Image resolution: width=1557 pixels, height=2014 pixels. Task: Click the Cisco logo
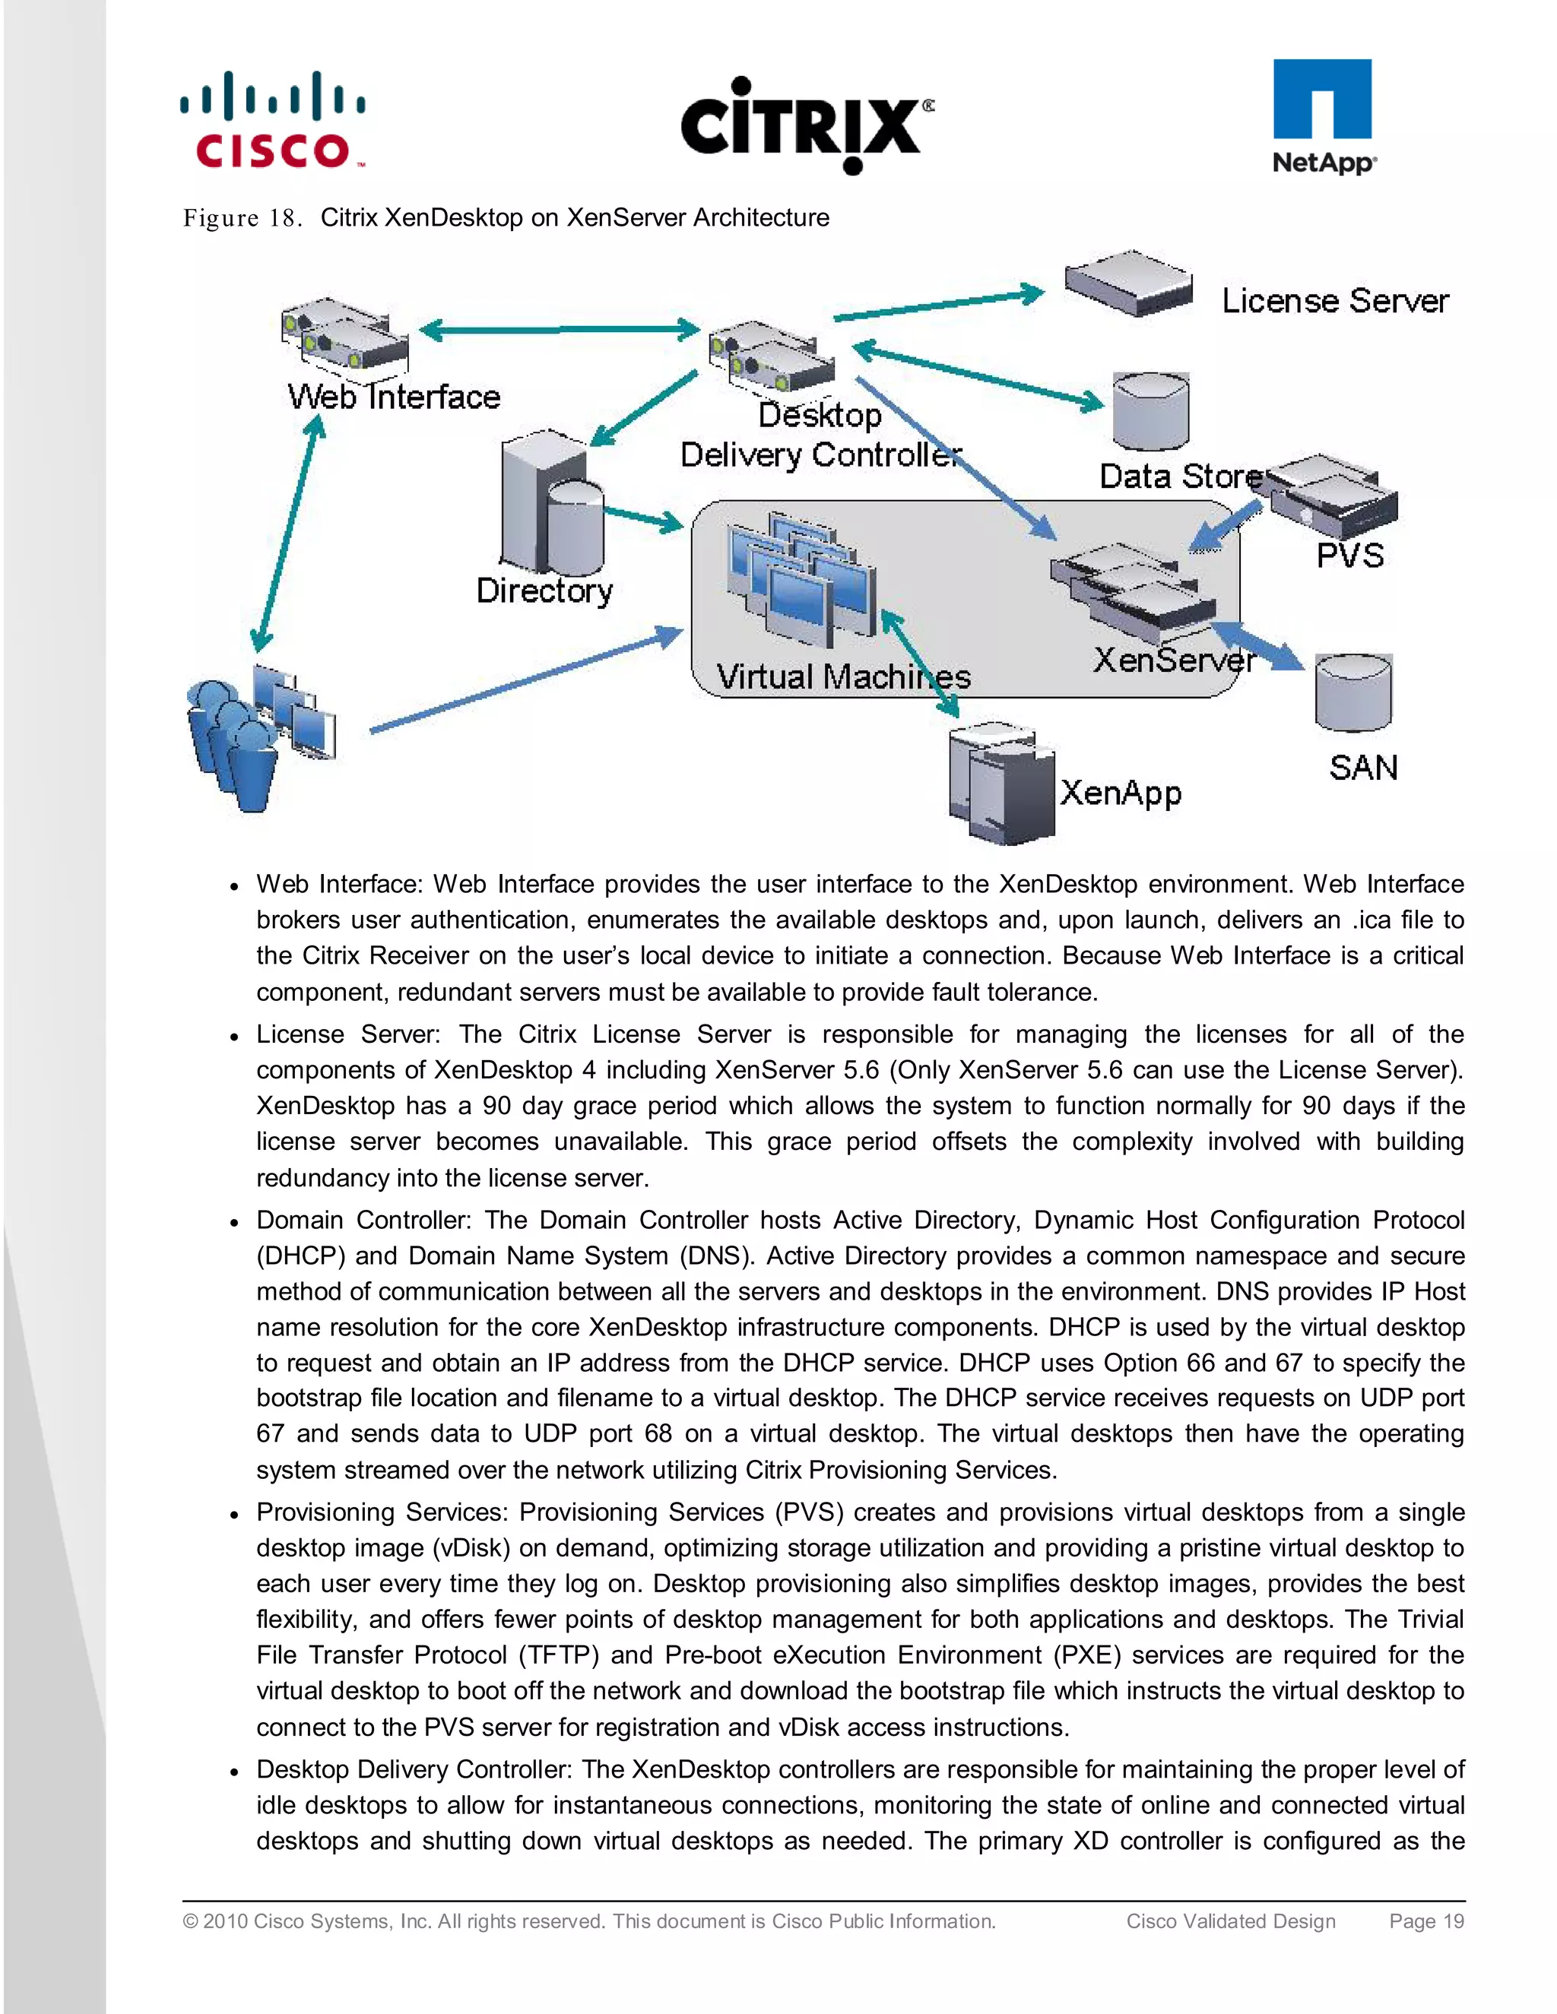point(273,120)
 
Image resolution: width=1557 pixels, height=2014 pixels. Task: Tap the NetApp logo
point(1324,116)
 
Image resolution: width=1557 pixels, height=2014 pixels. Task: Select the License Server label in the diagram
point(1335,301)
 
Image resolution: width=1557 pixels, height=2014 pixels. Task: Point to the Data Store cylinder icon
point(1150,411)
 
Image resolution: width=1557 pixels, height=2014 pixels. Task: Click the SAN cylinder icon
point(1353,692)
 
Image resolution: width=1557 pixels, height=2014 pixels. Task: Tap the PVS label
point(1349,556)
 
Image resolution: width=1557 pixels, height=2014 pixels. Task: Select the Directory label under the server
point(544,591)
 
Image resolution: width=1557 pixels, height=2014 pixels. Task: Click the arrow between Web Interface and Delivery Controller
point(560,329)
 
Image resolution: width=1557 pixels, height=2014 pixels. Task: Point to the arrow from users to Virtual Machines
point(526,680)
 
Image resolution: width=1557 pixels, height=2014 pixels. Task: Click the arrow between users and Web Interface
point(288,535)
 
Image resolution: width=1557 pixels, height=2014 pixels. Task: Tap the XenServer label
point(1173,660)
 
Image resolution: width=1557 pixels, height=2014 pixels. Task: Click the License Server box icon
point(1127,281)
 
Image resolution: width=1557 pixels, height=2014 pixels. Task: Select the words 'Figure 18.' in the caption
point(243,219)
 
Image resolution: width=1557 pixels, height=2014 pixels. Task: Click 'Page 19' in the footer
point(1426,1921)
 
